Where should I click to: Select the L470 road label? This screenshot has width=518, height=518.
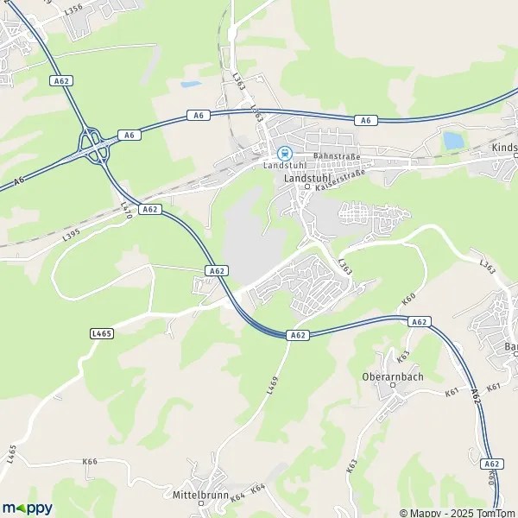(126, 209)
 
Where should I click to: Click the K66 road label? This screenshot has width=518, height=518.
(90, 462)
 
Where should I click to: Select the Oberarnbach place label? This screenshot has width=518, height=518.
(393, 376)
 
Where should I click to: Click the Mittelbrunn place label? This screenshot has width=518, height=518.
(199, 496)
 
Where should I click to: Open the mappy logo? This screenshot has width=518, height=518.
(27, 508)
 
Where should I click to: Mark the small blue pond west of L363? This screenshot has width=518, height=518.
(191, 85)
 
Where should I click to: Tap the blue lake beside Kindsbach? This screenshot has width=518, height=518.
(452, 140)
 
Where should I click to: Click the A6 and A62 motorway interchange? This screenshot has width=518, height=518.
(94, 148)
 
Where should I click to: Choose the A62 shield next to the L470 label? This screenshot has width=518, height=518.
(150, 209)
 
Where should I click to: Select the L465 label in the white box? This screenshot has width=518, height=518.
(102, 332)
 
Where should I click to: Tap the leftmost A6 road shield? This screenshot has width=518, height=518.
(18, 180)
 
